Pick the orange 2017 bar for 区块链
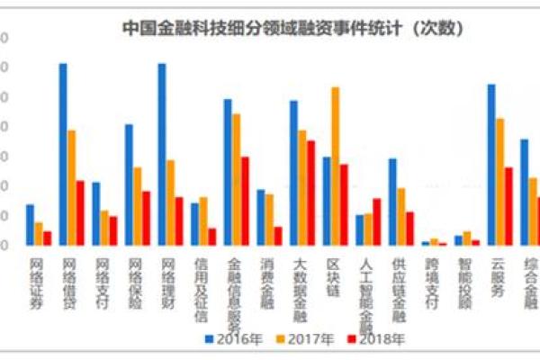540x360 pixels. (335, 166)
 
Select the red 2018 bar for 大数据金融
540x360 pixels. (310, 193)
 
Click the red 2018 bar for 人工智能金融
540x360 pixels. (376, 221)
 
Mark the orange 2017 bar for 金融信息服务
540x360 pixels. (236, 180)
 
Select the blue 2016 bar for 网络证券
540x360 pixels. (30, 225)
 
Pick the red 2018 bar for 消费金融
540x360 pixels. (278, 236)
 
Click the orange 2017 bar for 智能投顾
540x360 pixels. (466, 238)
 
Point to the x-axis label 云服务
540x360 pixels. (497, 278)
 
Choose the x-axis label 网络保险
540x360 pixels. (135, 284)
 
